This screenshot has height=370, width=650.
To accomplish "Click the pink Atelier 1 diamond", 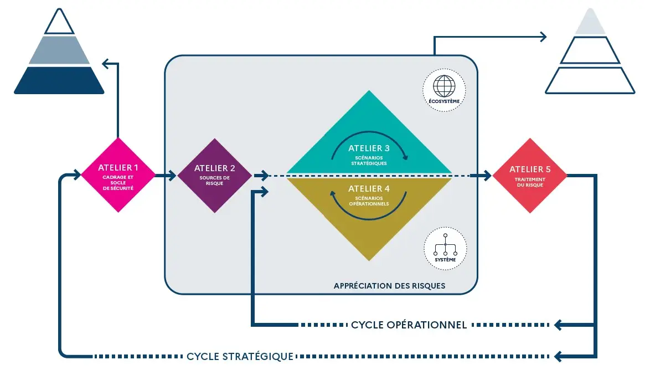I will [118, 175].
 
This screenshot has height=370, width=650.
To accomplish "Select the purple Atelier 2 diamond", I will [214, 175].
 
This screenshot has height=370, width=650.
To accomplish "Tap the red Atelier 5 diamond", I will [530, 175].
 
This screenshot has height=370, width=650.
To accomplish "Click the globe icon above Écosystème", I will [444, 86].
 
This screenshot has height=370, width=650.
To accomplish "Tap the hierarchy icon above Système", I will [445, 244].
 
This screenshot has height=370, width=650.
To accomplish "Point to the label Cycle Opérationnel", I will [409, 325].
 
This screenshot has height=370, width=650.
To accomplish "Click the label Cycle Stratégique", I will [240, 356].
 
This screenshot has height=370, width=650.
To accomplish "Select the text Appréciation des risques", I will [389, 286].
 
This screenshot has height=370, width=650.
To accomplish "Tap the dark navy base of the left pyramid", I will [59, 80].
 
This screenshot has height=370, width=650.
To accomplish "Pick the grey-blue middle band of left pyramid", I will [59, 51].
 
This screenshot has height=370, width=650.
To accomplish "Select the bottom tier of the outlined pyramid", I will [589, 80].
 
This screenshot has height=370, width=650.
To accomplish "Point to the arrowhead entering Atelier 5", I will [487, 176].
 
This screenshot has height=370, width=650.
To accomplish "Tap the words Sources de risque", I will [214, 181].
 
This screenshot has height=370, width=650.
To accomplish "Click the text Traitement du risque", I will [530, 182].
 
